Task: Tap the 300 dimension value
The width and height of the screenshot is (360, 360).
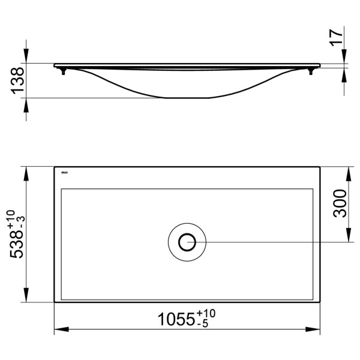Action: (340, 204)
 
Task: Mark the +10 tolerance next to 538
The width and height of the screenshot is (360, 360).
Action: (11, 218)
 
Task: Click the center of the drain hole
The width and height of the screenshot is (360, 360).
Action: (188, 242)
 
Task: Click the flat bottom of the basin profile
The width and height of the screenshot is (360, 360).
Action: (187, 97)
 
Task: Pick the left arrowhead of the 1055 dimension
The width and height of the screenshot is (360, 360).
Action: (60, 329)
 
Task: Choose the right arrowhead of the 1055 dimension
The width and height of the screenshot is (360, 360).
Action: (314, 329)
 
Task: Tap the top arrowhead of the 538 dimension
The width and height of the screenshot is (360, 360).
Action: (26, 173)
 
